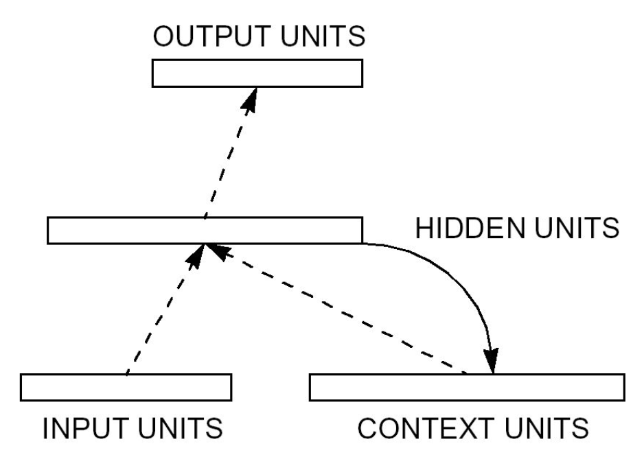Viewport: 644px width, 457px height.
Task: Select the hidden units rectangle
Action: [x=204, y=230]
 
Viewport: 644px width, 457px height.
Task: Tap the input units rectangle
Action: [x=126, y=387]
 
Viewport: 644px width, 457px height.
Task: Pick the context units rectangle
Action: [x=467, y=387]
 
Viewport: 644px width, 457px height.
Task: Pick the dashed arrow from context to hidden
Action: [x=343, y=312]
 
